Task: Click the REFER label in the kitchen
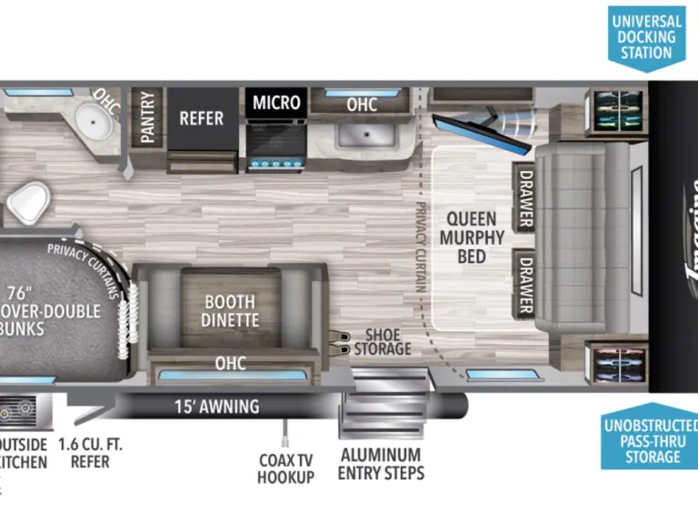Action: coord(201,117)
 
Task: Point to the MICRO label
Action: coord(276,102)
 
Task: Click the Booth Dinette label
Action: coord(229,310)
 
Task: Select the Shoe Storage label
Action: coord(383,342)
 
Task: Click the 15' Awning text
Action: coord(216,407)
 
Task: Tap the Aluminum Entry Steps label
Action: coord(381,463)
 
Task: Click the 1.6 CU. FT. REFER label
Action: coord(89,453)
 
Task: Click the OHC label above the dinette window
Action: coord(230,363)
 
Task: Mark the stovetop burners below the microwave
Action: coord(276,165)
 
